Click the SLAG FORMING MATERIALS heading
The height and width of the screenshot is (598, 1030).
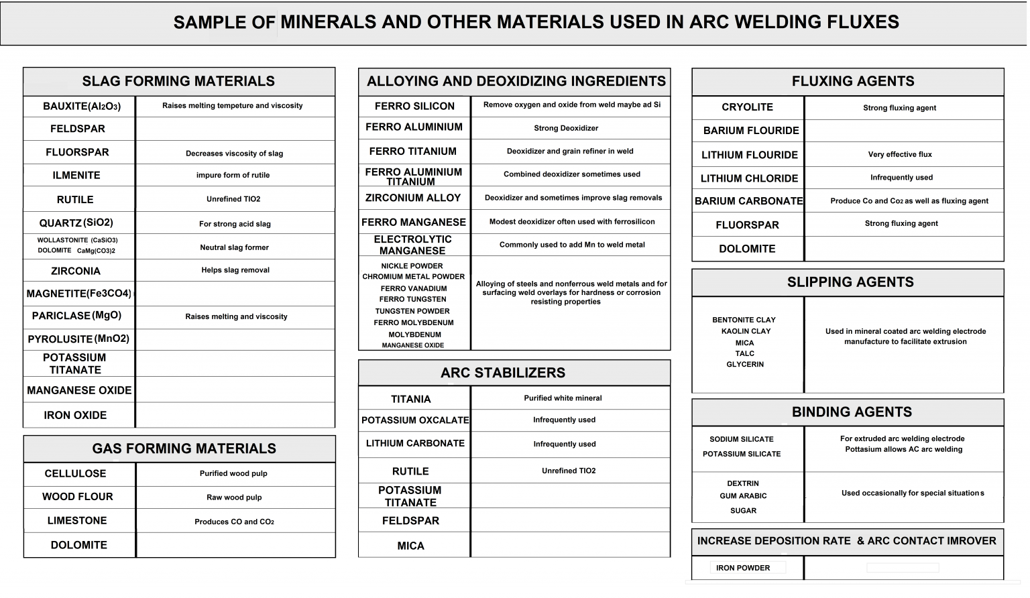[x=178, y=81]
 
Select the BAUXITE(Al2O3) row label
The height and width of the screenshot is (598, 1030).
[x=81, y=107]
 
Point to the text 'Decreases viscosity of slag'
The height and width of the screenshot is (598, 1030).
[x=234, y=154]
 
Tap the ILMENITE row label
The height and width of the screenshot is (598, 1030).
[x=76, y=176]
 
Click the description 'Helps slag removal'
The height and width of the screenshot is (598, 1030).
[x=235, y=270]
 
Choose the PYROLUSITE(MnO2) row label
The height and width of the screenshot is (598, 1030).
[x=78, y=339]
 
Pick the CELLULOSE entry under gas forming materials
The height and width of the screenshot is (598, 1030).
[x=75, y=474]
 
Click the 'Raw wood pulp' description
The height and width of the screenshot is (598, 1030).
[x=234, y=497]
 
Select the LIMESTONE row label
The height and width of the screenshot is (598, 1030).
[x=77, y=521]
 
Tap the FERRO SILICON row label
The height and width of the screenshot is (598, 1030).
[x=414, y=107]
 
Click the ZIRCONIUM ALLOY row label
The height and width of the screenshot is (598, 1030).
[x=412, y=198]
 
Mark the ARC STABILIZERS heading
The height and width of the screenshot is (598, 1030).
[x=502, y=373]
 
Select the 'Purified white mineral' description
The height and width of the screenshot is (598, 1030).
[x=563, y=398]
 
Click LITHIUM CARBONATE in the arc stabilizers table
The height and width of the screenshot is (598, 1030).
[x=415, y=444]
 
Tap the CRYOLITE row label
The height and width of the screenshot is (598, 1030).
[x=747, y=107]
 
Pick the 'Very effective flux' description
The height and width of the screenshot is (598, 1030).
[x=900, y=154]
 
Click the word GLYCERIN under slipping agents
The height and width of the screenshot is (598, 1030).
[x=745, y=365]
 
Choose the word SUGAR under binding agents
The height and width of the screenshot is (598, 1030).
[x=743, y=511]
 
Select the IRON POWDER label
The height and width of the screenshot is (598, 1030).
[x=743, y=569]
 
